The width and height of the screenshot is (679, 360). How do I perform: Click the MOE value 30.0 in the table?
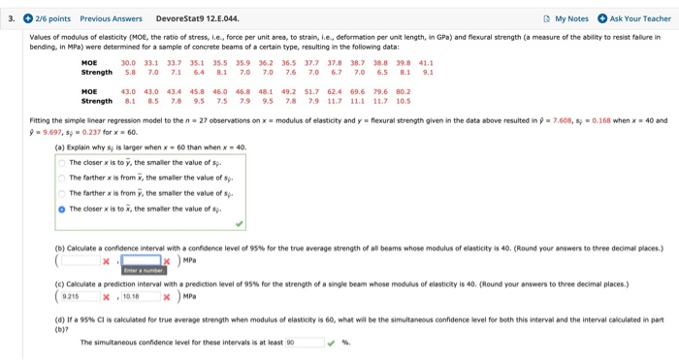tap(128, 61)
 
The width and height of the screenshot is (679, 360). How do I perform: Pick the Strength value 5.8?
tap(128, 71)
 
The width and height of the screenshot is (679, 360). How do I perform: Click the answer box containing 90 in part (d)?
tap(302, 342)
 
